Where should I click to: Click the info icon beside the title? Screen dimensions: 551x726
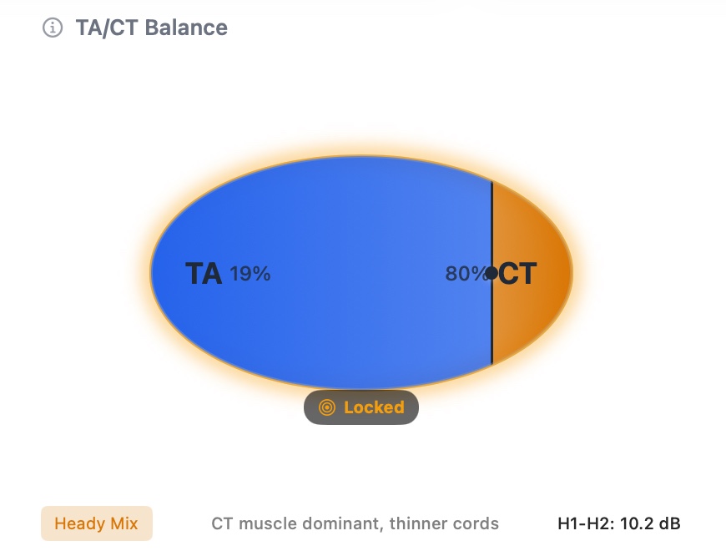tap(53, 28)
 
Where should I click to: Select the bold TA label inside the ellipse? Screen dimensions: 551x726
tap(203, 274)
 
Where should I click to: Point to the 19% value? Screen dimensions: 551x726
tap(250, 274)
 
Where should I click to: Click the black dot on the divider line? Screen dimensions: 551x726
tap(492, 273)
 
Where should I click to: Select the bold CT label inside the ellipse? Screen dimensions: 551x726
tap(518, 274)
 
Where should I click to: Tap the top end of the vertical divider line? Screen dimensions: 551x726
tap(492, 184)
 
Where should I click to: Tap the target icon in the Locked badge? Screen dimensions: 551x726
tap(327, 407)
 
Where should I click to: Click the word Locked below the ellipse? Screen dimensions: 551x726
tap(374, 407)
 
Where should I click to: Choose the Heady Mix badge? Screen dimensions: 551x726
tap(97, 524)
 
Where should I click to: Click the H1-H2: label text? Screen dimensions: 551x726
tap(586, 524)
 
